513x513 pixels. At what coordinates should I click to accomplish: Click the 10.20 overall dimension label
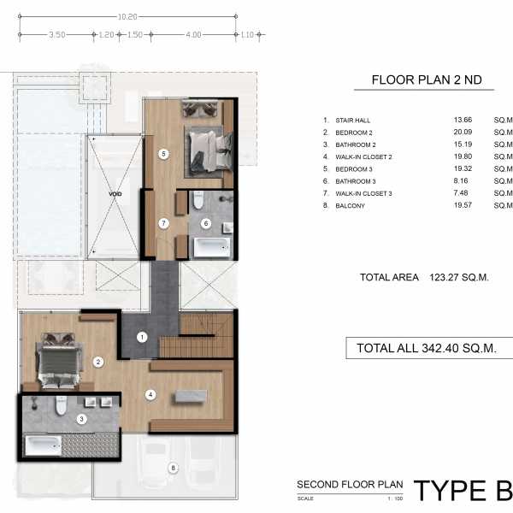[x=127, y=17]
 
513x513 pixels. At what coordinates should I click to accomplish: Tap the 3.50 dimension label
[x=57, y=35]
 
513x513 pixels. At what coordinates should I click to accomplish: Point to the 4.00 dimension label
[x=193, y=35]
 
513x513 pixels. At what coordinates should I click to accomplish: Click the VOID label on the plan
[x=115, y=194]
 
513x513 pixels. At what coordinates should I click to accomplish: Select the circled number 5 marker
[x=164, y=154]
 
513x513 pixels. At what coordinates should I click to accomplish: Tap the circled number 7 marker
[x=164, y=223]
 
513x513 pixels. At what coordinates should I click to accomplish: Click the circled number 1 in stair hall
[x=142, y=337]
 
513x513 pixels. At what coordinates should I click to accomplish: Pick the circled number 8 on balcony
[x=173, y=469]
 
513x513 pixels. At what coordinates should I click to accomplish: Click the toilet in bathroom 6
[x=198, y=200]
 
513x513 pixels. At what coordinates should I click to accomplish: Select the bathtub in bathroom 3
[x=44, y=445]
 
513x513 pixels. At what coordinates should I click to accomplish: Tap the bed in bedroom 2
[x=59, y=362]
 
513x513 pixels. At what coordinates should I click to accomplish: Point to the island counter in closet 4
[x=191, y=396]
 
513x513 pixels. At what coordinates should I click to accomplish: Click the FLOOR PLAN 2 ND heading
[x=427, y=80]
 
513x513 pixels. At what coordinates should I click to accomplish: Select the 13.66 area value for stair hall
[x=463, y=120]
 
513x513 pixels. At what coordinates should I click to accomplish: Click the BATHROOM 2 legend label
[x=356, y=144]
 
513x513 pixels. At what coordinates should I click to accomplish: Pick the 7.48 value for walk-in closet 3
[x=461, y=193]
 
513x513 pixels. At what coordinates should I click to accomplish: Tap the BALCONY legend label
[x=350, y=206]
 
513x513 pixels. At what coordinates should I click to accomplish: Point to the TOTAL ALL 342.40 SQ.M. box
[x=429, y=348]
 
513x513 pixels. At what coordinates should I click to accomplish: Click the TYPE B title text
[x=463, y=491]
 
